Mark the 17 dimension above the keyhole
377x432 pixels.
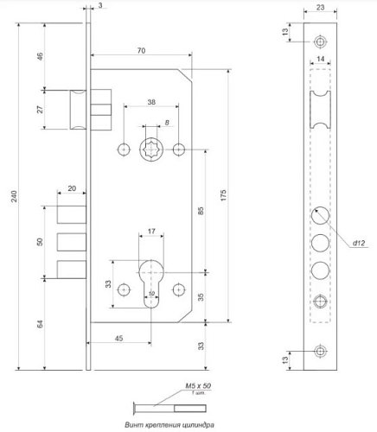151,232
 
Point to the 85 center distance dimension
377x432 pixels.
201,209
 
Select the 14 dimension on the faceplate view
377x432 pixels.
320,57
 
